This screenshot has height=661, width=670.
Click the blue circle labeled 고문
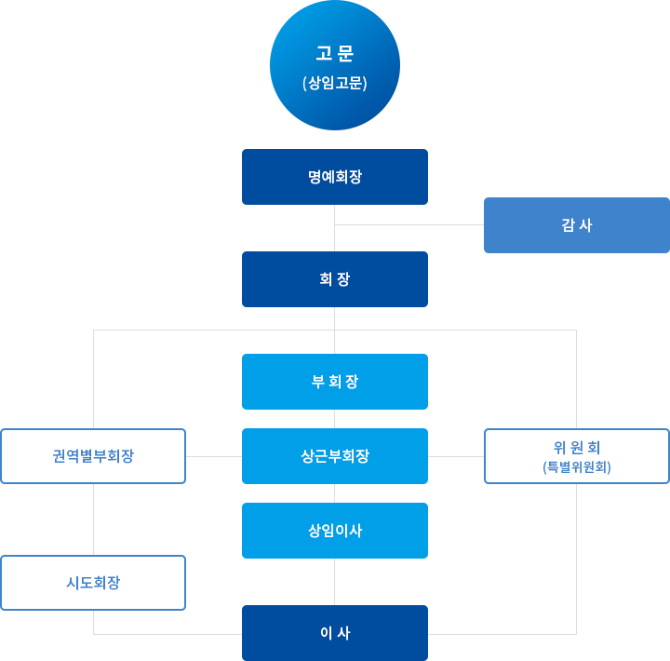click(335, 65)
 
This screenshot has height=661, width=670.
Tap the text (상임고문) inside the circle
click(335, 83)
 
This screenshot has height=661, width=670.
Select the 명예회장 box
click(335, 177)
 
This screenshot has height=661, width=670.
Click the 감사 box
click(577, 225)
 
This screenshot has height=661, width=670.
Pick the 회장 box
click(335, 279)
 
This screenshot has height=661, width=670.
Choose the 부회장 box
click(335, 382)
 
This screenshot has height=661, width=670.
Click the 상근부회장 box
click(335, 456)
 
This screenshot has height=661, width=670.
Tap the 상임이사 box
click(335, 531)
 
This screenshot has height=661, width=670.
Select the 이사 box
click(335, 633)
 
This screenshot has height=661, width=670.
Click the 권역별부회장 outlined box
click(93, 456)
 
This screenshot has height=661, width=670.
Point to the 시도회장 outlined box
click(93, 583)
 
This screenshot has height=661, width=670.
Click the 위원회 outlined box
click(577, 456)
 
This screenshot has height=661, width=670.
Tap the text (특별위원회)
click(577, 467)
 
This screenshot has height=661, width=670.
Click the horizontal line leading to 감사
click(409, 224)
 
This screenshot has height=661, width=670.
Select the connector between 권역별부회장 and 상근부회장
click(214, 456)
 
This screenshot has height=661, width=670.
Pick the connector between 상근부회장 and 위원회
click(456, 456)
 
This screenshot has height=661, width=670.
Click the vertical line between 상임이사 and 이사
click(335, 582)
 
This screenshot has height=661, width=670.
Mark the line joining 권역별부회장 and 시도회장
click(93, 519)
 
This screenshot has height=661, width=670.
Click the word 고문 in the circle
click(335, 53)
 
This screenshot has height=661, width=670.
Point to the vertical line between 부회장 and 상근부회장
click(335, 419)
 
